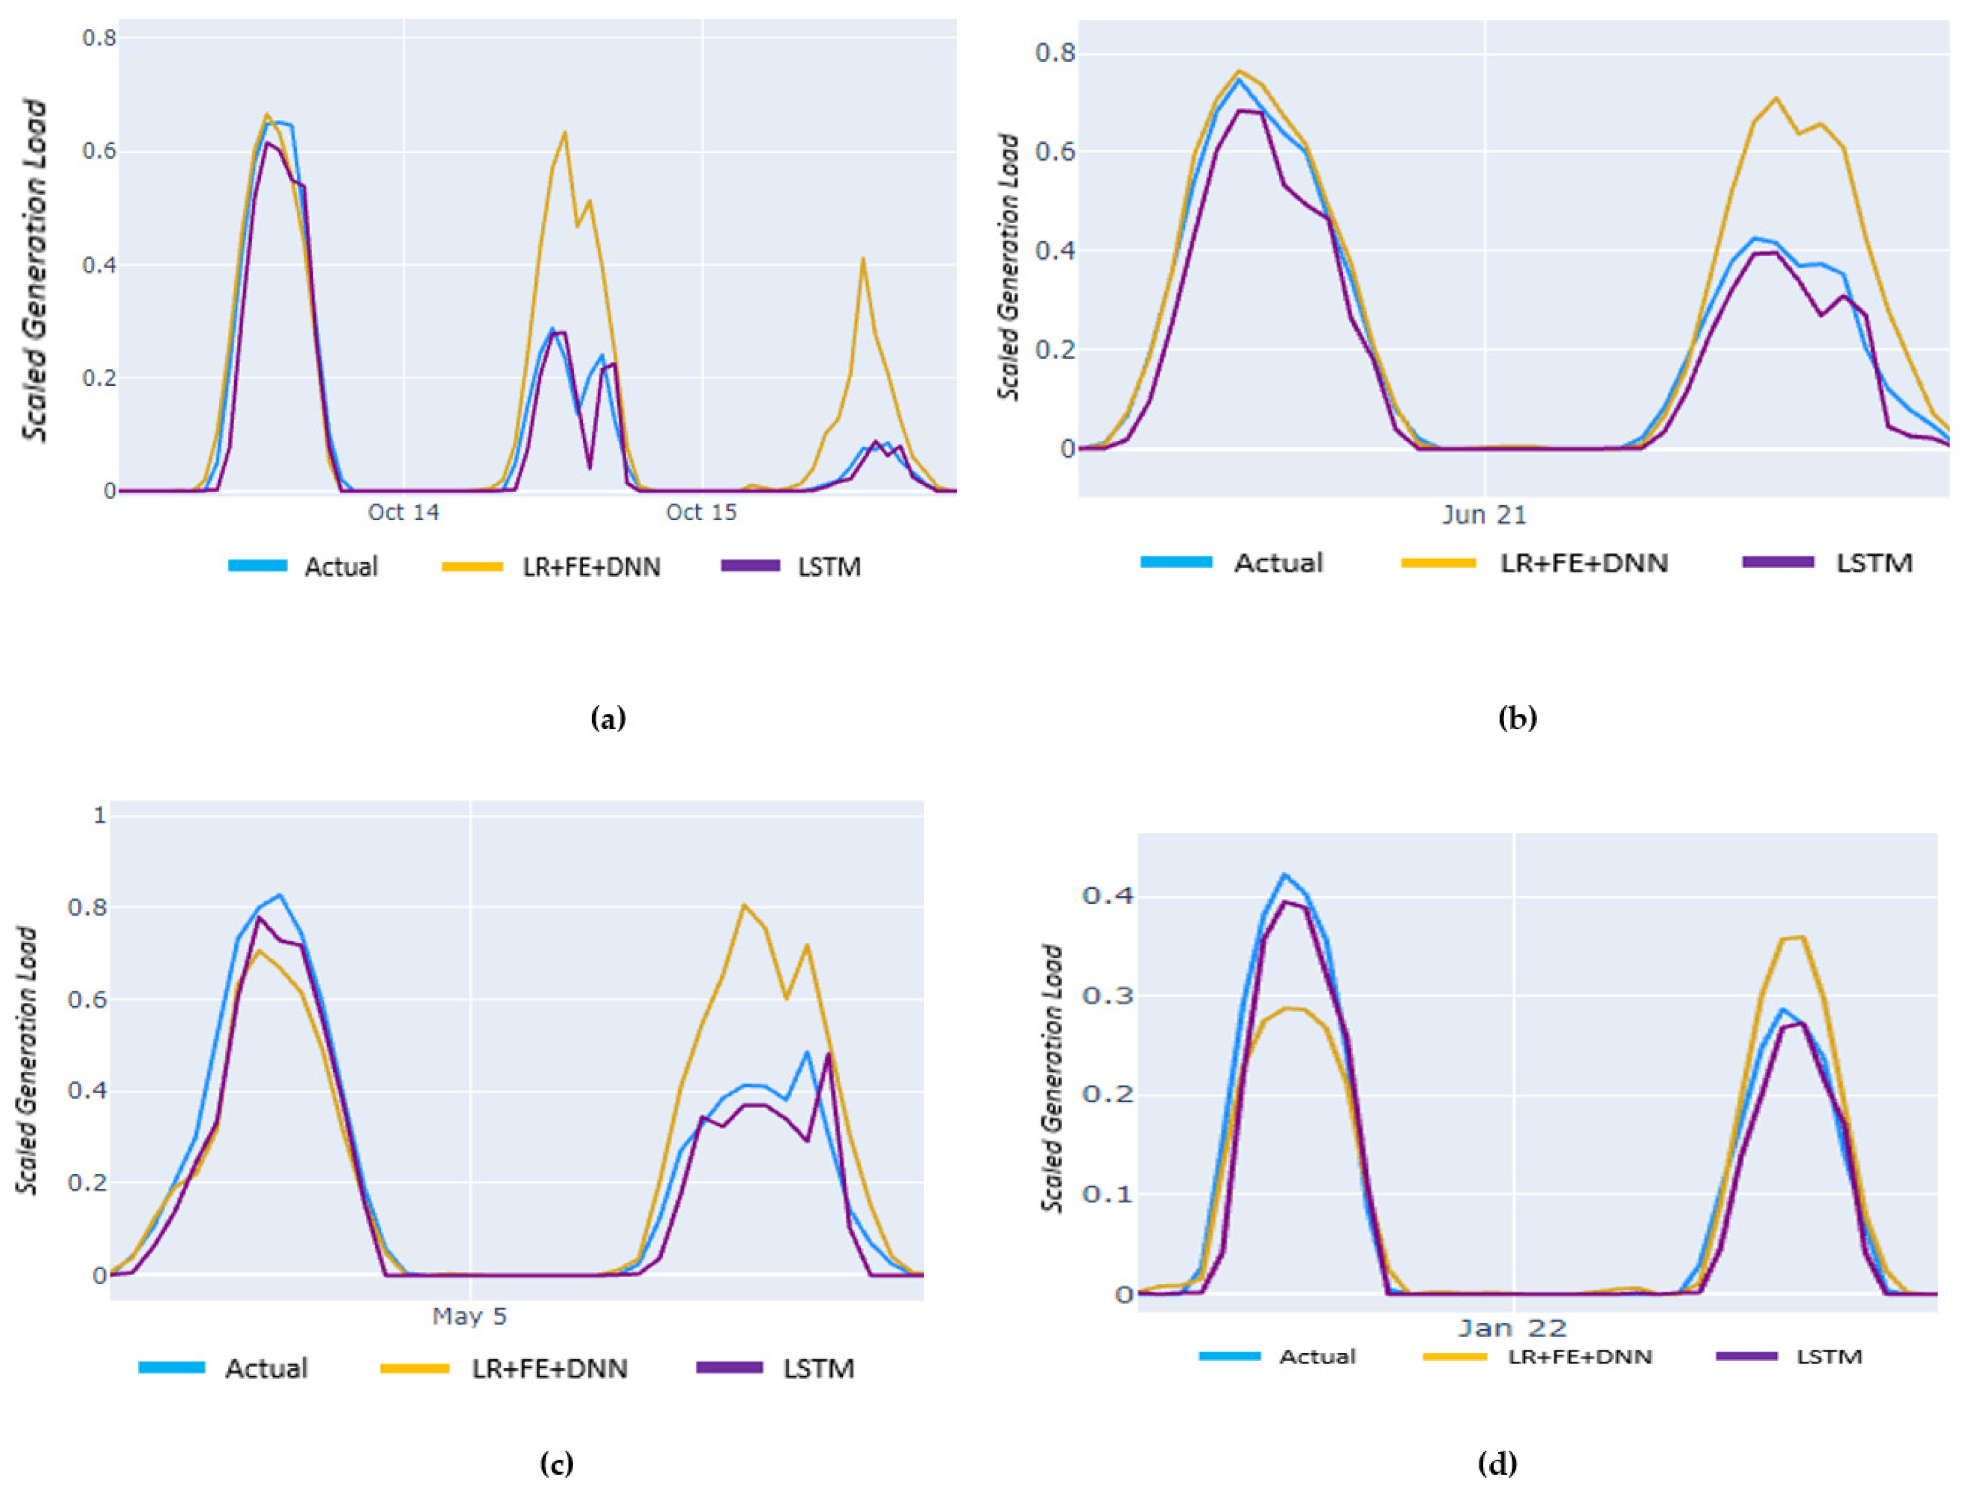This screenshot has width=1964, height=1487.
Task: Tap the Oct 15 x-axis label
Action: (x=702, y=513)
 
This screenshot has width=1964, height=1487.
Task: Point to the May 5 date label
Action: (x=469, y=1316)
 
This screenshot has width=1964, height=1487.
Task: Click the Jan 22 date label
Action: (x=1512, y=1328)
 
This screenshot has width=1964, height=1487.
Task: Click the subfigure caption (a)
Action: (x=608, y=718)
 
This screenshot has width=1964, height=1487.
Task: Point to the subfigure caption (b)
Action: (x=1516, y=718)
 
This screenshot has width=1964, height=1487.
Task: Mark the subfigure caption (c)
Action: (x=557, y=1463)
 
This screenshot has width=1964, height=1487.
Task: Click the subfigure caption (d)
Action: (x=1497, y=1463)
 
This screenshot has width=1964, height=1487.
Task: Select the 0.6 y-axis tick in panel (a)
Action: (x=99, y=151)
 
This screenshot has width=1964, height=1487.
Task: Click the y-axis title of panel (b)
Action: (x=1008, y=266)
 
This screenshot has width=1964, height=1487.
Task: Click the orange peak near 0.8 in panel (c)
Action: (x=743, y=905)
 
